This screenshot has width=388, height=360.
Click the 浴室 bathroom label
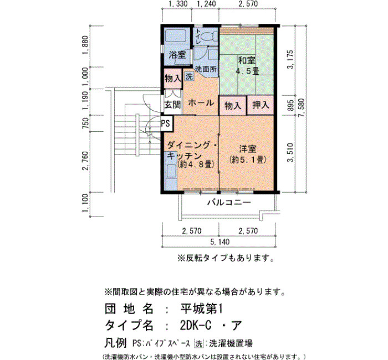pyautogui.click(x=177, y=55)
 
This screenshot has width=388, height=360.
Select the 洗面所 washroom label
pyautogui.click(x=206, y=69)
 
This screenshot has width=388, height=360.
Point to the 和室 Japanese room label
pyautogui.click(x=247, y=60)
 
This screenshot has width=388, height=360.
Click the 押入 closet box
pyautogui.click(x=261, y=106)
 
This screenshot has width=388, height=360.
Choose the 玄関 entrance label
pyautogui.click(x=172, y=105)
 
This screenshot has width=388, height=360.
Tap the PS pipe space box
pyautogui.click(x=167, y=123)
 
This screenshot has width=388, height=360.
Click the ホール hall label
pyautogui.click(x=201, y=102)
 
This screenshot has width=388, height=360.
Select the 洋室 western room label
pyautogui.click(x=247, y=149)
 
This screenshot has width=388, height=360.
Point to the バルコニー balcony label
pyautogui.click(x=229, y=203)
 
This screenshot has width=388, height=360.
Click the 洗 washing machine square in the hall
pyautogui.click(x=190, y=76)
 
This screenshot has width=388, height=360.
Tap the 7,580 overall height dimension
pyautogui.click(x=303, y=109)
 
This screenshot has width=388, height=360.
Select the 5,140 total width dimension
pyautogui.click(x=220, y=241)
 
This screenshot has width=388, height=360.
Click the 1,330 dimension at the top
pyautogui.click(x=178, y=4)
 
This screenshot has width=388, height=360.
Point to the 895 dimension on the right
pyautogui.click(x=291, y=105)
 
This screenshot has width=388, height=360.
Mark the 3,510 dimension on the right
pyautogui.click(x=291, y=152)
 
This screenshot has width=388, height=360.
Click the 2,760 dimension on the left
pyautogui.click(x=85, y=161)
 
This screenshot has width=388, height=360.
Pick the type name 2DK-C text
pyautogui.click(x=196, y=326)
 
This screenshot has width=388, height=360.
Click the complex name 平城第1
pyautogui.click(x=202, y=309)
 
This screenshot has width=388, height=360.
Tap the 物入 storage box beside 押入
pyautogui.click(x=233, y=106)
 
